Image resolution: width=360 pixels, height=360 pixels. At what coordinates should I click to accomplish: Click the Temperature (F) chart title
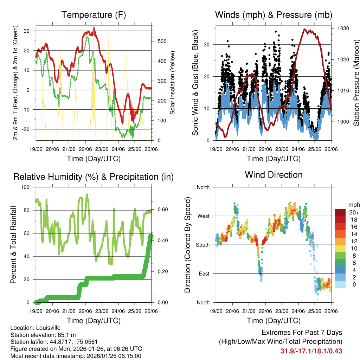(94, 15)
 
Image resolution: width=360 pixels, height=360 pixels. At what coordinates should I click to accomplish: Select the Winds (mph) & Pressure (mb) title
(274, 15)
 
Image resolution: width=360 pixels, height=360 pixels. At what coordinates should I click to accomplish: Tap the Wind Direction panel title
(274, 175)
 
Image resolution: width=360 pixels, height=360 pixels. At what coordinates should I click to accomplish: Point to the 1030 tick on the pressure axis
(343, 28)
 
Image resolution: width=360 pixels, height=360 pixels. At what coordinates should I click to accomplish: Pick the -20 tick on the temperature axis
(28, 129)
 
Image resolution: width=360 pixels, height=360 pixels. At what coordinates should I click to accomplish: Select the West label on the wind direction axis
(203, 216)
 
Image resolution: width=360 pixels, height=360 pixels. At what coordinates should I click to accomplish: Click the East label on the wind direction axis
(204, 274)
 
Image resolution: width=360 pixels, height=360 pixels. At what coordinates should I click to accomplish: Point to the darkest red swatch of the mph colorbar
(340, 212)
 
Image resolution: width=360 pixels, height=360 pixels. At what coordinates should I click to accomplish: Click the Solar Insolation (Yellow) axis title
(173, 83)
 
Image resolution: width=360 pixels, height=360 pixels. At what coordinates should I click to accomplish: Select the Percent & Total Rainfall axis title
(13, 245)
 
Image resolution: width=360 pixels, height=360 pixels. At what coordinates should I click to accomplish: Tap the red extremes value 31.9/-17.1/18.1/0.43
(311, 351)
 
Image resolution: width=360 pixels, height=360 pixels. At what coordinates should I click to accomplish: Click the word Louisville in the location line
(49, 328)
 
